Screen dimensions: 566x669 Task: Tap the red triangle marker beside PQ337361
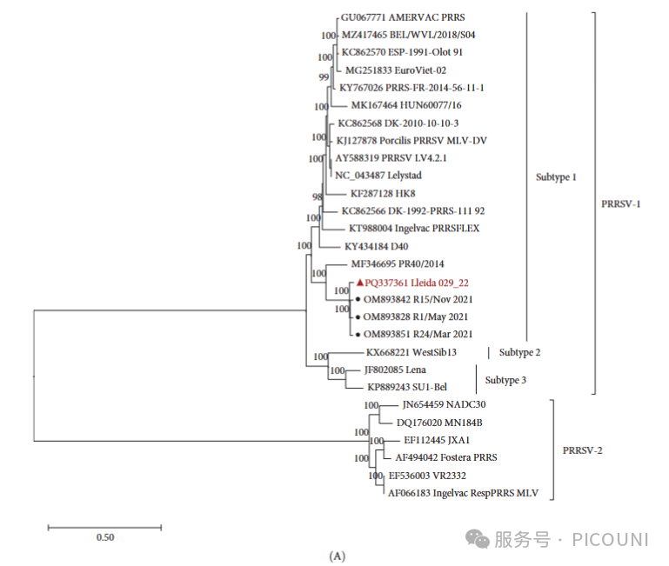point(359,282)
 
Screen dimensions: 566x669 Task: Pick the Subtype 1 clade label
point(556,177)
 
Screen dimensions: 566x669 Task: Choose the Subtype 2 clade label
point(519,352)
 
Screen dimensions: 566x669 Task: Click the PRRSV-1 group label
point(621,204)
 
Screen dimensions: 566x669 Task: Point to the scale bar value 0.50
point(104,537)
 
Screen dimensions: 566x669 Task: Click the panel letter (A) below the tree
point(338,556)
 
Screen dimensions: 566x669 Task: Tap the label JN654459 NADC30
point(444,405)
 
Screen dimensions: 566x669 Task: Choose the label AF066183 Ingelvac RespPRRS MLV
point(463,493)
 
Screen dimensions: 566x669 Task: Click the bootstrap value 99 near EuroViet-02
point(324,77)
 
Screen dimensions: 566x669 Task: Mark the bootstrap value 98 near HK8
point(318,197)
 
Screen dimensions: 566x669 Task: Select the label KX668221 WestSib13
point(411,352)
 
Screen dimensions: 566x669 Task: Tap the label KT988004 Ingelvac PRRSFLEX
point(413,229)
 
